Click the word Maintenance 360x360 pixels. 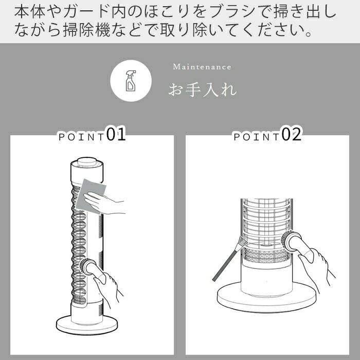point(202,67)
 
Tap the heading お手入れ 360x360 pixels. point(203,89)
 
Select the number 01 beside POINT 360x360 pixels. point(116,135)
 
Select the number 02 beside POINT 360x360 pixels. point(291,135)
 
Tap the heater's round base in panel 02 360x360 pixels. point(265,299)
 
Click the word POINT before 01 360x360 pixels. point(81,137)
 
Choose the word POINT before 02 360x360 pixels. point(257,137)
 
